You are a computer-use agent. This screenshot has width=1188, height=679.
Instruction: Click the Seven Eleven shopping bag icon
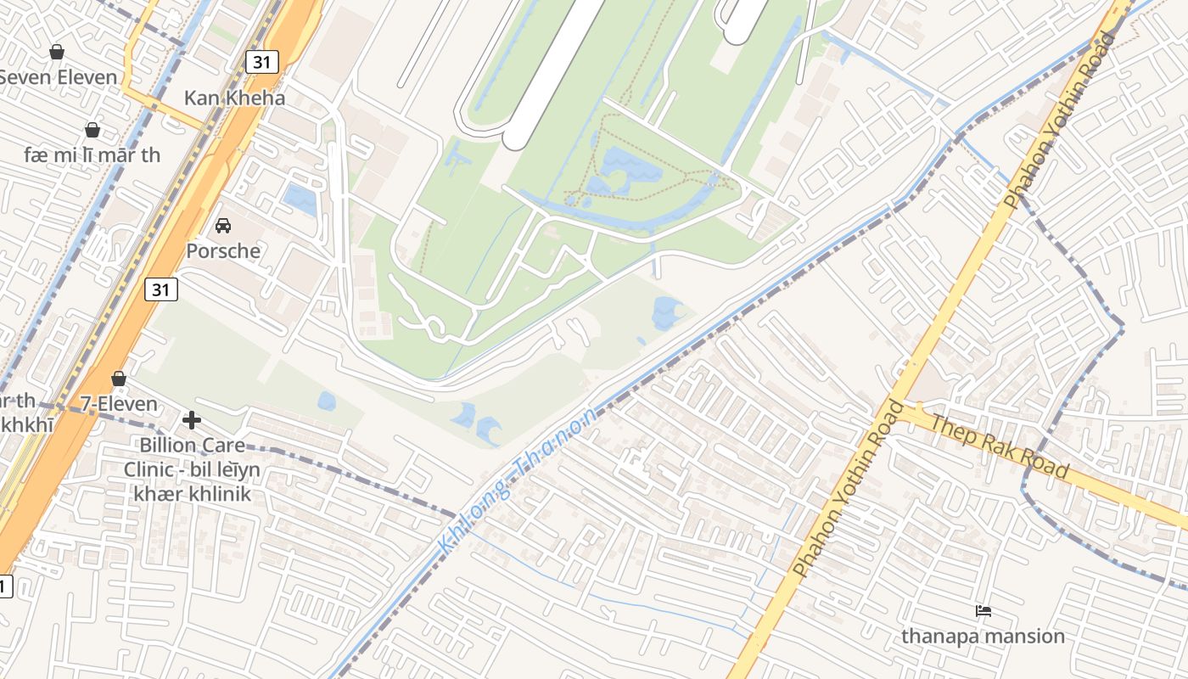(x=57, y=52)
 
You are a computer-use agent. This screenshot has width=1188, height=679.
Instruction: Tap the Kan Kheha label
(x=235, y=98)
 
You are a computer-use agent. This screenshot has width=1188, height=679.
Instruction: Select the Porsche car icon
(x=223, y=226)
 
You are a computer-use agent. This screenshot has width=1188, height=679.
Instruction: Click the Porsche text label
(x=223, y=251)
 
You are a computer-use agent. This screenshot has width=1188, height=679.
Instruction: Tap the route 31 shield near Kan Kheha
(x=262, y=61)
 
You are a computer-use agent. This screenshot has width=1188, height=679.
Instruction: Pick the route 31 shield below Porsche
(x=161, y=289)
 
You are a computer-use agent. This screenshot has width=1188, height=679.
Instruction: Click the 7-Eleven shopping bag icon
(x=119, y=379)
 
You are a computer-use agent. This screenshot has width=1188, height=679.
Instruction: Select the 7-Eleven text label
(x=119, y=404)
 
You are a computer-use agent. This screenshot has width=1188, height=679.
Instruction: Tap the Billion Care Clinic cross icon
(x=192, y=419)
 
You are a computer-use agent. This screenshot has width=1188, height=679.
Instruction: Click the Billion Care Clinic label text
(x=192, y=469)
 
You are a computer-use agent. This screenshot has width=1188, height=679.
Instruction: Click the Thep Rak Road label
(x=1000, y=446)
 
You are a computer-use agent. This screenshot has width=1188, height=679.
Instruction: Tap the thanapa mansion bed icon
(x=983, y=610)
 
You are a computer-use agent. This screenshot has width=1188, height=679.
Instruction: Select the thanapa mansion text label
(x=983, y=636)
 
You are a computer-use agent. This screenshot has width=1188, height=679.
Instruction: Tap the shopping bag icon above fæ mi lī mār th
(x=92, y=130)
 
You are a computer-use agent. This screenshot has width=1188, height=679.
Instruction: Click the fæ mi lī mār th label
(x=92, y=155)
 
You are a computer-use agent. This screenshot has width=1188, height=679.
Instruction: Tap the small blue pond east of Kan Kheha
(x=300, y=199)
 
